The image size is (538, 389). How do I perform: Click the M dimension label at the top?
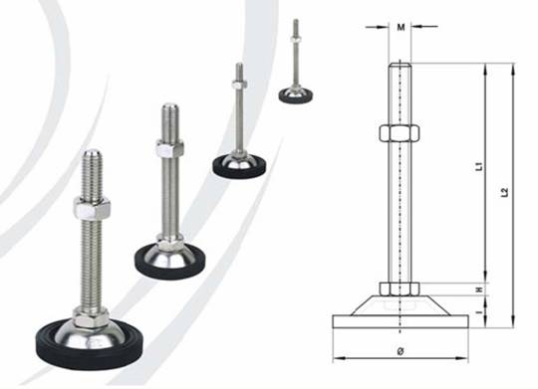(x=401, y=27)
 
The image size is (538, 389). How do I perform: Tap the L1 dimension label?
(x=479, y=166)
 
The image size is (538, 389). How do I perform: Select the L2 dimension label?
(x=504, y=193)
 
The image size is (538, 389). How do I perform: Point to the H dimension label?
(x=479, y=290)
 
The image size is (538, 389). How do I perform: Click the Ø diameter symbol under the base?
(x=401, y=351)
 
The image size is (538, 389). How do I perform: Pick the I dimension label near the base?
(x=480, y=311)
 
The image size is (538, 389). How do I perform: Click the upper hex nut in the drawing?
(x=400, y=133)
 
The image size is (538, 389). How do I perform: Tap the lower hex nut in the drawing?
(x=400, y=289)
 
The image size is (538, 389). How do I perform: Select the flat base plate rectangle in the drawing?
(x=401, y=321)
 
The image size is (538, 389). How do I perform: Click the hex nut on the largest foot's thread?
(x=92, y=208)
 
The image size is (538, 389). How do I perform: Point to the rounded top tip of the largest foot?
(x=93, y=153)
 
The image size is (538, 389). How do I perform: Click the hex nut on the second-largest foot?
(x=169, y=148)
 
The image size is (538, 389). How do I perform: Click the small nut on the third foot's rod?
(x=239, y=85)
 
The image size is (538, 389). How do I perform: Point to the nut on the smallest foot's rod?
(x=296, y=39)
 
